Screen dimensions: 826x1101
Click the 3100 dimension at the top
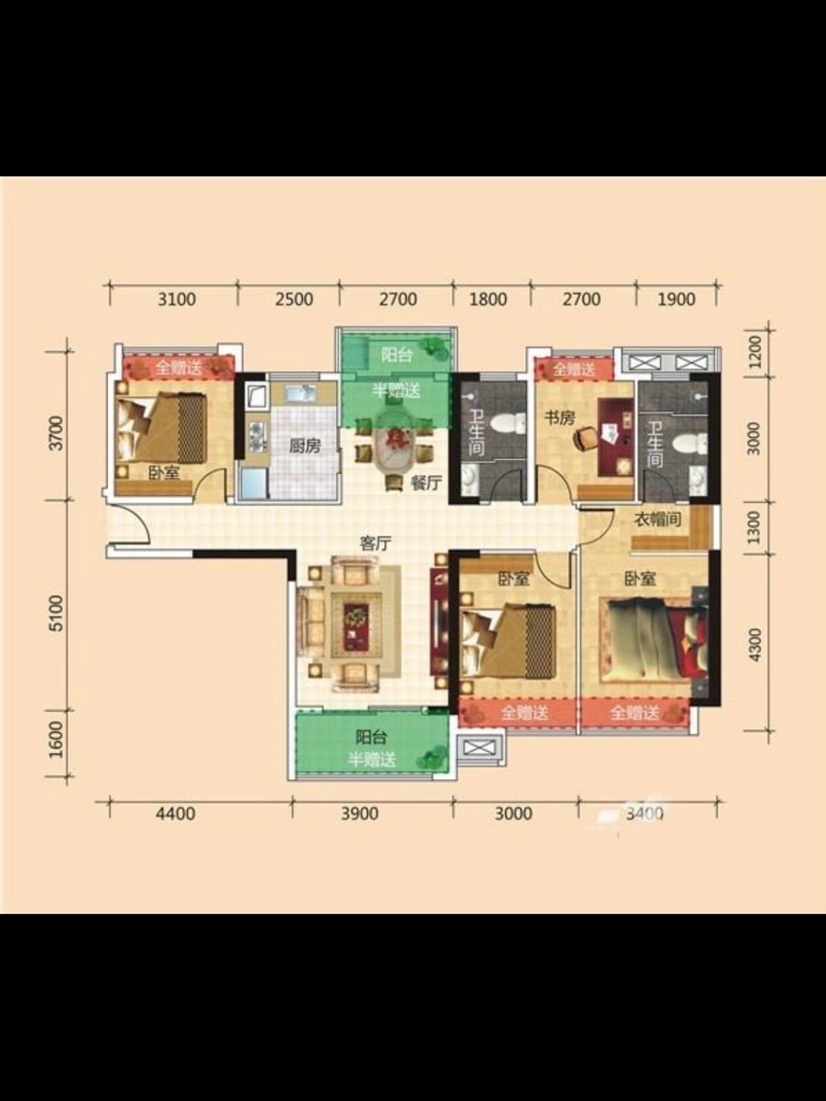click(x=177, y=299)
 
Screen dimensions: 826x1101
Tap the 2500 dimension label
click(x=294, y=299)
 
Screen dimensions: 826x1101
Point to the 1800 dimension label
click(x=488, y=299)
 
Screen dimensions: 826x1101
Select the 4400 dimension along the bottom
click(x=175, y=814)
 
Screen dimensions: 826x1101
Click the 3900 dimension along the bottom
click(x=359, y=814)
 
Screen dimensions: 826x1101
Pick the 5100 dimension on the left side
click(x=57, y=613)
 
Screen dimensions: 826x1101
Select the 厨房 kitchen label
click(x=305, y=446)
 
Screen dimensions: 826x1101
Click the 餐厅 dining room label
click(x=426, y=483)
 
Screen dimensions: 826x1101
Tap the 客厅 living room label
click(x=375, y=543)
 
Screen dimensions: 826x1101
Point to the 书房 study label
click(x=560, y=418)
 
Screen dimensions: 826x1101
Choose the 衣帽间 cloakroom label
click(x=658, y=518)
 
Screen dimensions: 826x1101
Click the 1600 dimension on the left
click(x=57, y=739)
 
